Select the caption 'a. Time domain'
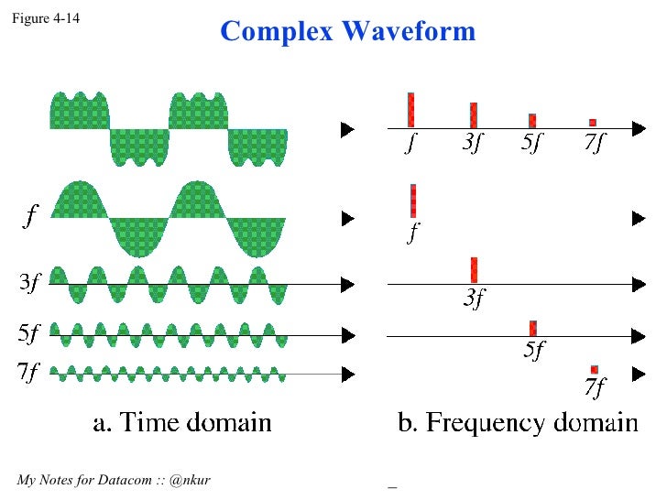click(182, 422)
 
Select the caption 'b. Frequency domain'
click(517, 422)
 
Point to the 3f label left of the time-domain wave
click(29, 283)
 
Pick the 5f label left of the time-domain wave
click(29, 334)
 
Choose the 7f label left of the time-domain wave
click(29, 373)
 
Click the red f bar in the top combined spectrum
click(411, 110)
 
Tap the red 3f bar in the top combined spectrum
click(474, 114)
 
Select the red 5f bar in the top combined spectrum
click(532, 120)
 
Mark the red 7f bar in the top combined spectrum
click(593, 123)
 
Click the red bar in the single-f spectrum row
click(413, 201)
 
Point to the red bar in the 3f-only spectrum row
click(474, 270)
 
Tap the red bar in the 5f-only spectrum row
click(532, 328)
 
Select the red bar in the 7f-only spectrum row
click(595, 369)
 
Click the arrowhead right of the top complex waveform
click(346, 130)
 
